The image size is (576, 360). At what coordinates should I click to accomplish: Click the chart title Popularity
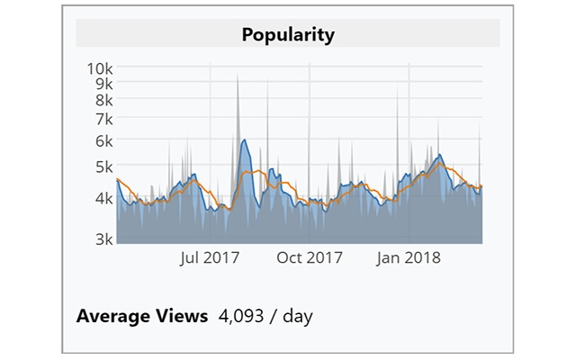coord(288,35)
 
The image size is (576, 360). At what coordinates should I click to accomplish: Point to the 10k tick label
coord(99,67)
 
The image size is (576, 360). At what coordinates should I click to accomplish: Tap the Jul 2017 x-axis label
coord(209,257)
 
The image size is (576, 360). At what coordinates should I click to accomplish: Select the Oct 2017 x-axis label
coord(310,257)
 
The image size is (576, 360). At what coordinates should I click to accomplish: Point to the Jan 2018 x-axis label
coord(409,257)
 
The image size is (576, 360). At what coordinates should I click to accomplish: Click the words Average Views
coord(142,316)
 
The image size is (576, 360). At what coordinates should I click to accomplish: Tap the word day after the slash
coord(297,316)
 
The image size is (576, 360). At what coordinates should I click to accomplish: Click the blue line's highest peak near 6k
coord(244,140)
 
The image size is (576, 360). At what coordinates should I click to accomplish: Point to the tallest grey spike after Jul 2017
coord(238,77)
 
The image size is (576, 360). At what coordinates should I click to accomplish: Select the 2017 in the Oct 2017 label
coord(325,257)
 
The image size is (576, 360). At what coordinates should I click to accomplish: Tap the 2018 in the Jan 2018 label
coord(424,257)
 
